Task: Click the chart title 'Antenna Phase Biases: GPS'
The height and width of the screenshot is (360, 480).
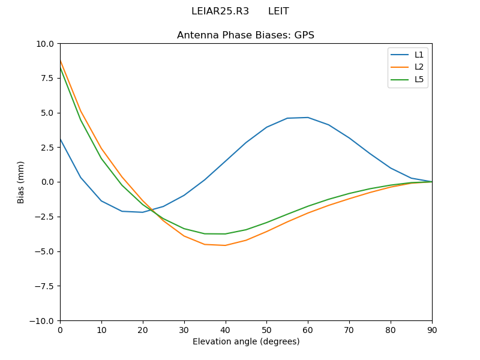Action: coord(245,35)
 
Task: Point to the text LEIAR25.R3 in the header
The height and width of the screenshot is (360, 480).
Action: coord(220,11)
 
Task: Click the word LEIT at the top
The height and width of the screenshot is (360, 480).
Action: coord(278,11)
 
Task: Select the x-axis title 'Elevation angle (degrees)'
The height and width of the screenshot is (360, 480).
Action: coord(245,341)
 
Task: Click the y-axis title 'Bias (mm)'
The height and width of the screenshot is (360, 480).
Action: coord(21,182)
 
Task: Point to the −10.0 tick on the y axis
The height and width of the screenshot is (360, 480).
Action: coord(43,320)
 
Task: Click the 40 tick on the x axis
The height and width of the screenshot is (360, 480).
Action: coord(225,329)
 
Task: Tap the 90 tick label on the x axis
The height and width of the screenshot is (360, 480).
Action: coord(431,329)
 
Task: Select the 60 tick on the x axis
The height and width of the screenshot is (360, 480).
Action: coord(308,329)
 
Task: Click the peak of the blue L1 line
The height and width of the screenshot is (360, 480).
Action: coord(308,118)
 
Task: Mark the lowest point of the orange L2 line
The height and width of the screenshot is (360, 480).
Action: coord(225,245)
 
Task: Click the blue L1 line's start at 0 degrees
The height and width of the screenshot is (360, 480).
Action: coord(60,139)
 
